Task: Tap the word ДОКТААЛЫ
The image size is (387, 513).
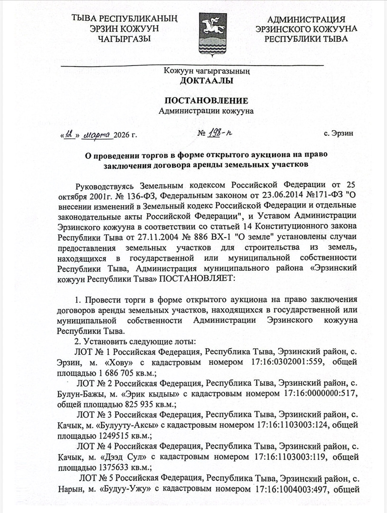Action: [206, 81]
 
